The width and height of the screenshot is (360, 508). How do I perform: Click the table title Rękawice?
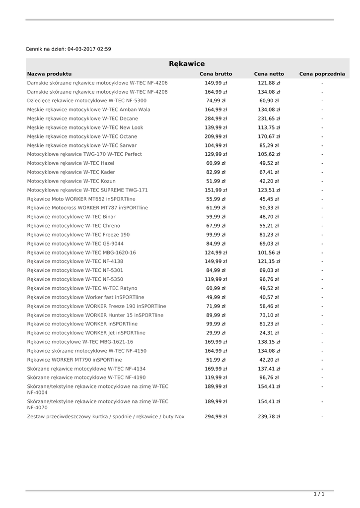coord(187,64)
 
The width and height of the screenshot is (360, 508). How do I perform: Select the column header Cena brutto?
coord(216,74)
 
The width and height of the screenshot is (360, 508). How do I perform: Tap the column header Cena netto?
coord(269,74)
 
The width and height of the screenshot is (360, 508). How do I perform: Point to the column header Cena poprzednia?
coord(322,74)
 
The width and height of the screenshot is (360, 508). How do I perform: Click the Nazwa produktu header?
coord(49,74)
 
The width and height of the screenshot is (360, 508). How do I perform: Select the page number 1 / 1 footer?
coord(319,494)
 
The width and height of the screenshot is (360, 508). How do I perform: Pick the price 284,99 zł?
coord(216,119)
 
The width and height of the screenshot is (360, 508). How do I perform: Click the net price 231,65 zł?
coord(269,119)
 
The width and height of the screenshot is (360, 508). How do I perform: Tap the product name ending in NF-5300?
coord(87,101)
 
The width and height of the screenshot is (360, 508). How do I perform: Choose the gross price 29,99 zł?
coord(216,333)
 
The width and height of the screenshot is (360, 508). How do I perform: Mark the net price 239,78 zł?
coord(269,417)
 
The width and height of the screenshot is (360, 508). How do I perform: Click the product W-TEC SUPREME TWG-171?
coord(87,190)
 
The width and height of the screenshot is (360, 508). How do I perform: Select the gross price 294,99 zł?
coord(216,417)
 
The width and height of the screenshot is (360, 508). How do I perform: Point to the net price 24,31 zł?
coord(269,333)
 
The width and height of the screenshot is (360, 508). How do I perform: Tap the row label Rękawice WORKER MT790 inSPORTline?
coord(74,360)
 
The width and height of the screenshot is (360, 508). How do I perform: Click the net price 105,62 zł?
coord(269,154)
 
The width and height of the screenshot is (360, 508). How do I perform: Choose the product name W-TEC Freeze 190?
coord(78,235)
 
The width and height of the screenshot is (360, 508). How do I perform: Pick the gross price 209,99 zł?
coord(216,136)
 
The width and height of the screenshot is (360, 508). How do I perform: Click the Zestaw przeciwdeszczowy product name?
coord(106,417)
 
